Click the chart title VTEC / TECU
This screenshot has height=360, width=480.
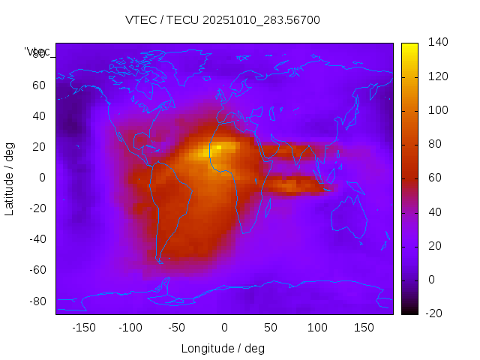(222, 20)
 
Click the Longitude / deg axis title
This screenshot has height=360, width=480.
(223, 349)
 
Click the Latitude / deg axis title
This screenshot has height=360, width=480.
(10, 177)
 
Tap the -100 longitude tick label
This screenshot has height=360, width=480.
(130, 328)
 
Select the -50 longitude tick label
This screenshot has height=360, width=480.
(177, 328)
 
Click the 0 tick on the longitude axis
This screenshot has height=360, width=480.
(223, 328)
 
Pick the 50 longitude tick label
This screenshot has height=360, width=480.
(271, 328)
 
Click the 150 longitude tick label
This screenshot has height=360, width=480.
(364, 328)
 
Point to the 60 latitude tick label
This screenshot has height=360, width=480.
(39, 85)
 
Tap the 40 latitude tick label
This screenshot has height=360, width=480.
(39, 115)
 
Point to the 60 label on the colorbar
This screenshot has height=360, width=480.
(435, 178)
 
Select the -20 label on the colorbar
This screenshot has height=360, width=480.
(435, 313)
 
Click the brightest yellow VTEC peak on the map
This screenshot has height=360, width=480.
(217, 148)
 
